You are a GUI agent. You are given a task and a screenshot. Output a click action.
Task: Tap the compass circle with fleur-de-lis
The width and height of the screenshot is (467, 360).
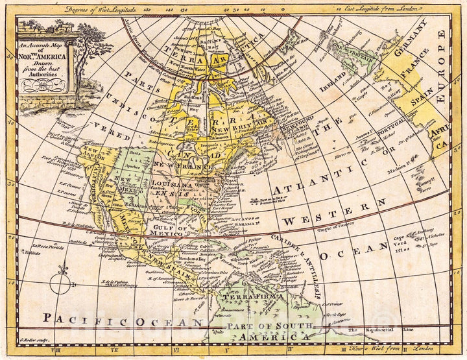click(x=60, y=283)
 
